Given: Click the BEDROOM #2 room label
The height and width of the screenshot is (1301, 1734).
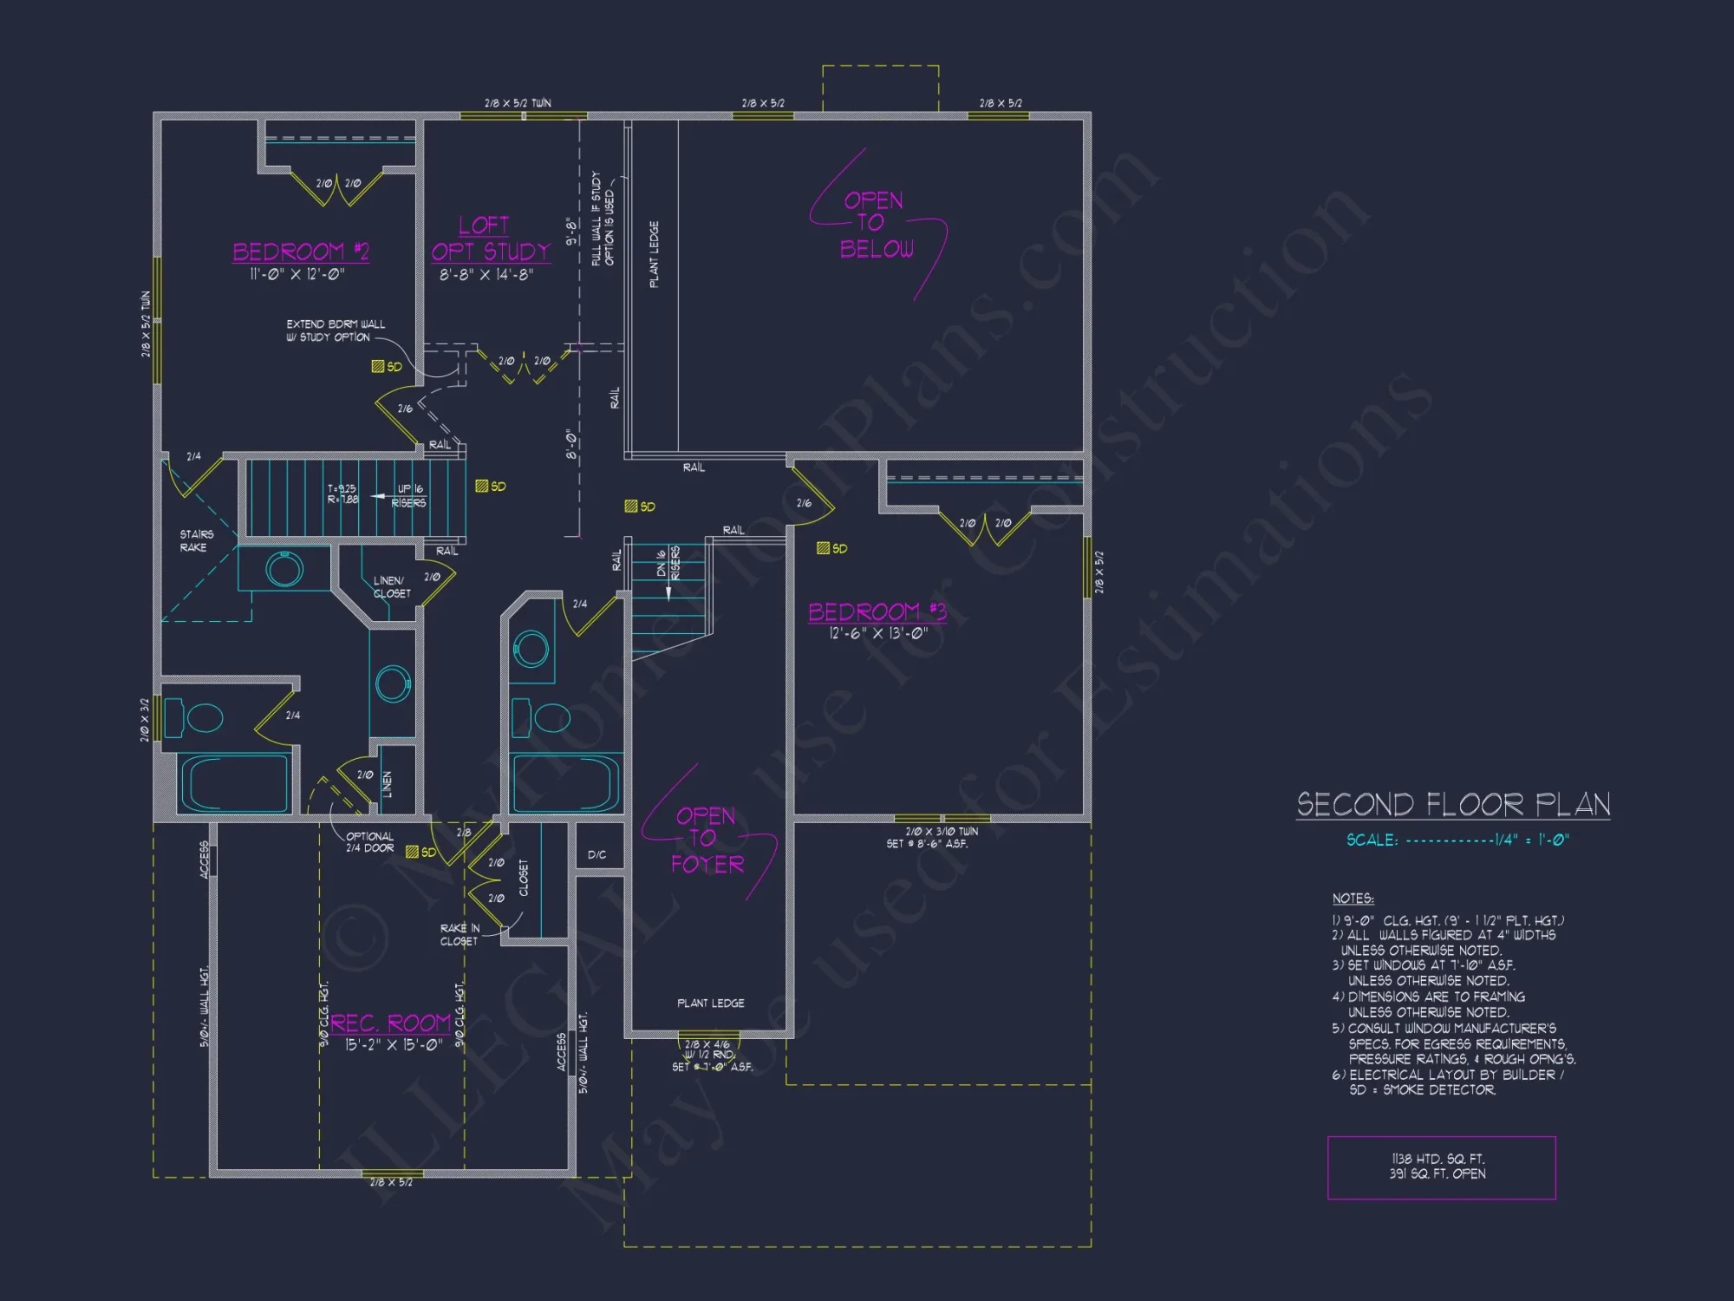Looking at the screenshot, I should coord(300,252).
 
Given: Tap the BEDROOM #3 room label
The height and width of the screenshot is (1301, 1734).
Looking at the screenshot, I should coord(877,611).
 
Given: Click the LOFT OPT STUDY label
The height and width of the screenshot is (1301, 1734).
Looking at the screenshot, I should coord(491,239).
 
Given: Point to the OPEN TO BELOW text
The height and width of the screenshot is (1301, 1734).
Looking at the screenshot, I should coord(875,225).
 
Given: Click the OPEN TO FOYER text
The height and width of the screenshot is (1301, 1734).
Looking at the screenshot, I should coord(707,840).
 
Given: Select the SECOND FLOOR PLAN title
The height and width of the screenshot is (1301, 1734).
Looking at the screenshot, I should coord(1453,804).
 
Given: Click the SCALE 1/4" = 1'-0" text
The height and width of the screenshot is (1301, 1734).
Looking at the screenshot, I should coord(1457,840).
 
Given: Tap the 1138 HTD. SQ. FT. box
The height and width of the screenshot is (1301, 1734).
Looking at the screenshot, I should coord(1440,1167).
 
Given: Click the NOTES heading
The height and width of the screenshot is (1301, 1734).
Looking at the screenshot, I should coord(1353,898).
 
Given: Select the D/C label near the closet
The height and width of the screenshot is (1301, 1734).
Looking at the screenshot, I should coord(596,854).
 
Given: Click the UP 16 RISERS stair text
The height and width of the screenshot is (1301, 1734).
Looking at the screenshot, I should coord(409,495).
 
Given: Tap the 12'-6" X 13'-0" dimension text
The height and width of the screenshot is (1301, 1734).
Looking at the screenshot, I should coord(877,633).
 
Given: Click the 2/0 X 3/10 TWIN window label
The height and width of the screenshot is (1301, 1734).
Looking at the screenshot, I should coord(941,831).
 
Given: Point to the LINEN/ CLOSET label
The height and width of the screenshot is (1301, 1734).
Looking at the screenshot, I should coord(391,587).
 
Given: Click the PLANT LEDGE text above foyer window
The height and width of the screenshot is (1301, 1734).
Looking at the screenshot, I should coord(710,1003).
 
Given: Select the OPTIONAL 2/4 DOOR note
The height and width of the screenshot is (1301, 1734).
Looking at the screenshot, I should coord(369,842).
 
